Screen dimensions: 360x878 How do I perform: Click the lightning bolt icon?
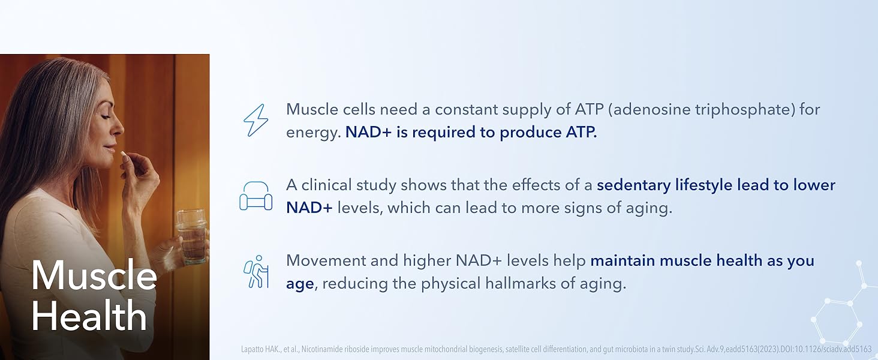click(255, 121)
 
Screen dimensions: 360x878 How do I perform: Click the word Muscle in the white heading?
click(94, 276)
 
